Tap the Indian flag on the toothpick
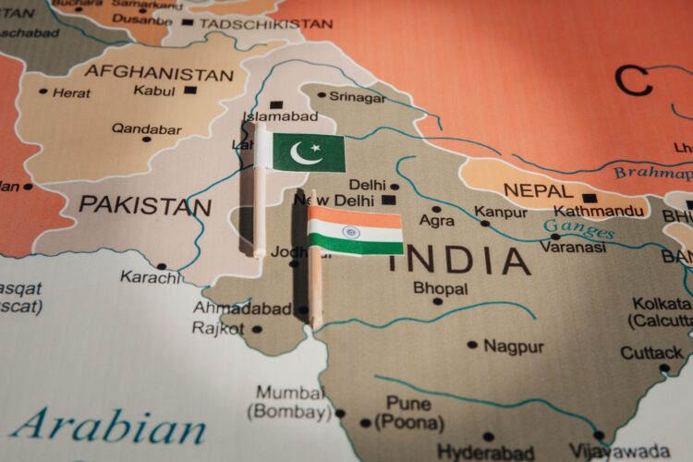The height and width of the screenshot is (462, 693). click(356, 231)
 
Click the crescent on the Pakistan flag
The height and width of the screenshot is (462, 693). click(304, 152)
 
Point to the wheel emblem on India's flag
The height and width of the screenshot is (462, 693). click(351, 232)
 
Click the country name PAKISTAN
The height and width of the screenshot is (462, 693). click(144, 205)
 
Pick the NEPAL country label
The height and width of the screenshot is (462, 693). click(538, 190)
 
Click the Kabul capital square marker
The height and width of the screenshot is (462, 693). click(190, 91)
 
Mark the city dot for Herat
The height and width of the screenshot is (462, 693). click(43, 91)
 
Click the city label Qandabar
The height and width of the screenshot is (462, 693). click(147, 129)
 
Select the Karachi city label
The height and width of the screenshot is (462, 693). click(151, 277)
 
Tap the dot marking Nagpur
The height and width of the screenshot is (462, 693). click(472, 345)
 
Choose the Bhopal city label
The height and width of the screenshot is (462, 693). click(441, 288)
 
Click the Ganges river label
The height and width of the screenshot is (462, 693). click(578, 229)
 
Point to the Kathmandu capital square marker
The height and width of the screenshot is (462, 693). click(590, 197)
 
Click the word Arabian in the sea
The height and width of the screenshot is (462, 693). click(108, 427)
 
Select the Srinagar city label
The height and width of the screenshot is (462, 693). click(358, 96)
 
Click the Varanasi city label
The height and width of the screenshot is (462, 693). click(573, 247)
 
